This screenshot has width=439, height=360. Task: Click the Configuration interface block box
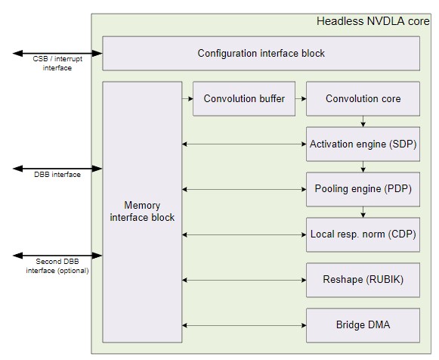pos(261,53)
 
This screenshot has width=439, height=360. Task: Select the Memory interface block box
pos(142,212)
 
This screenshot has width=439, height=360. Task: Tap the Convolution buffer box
pos(244,98)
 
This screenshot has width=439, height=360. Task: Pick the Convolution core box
pos(363,98)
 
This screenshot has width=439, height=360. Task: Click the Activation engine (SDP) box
pos(363,144)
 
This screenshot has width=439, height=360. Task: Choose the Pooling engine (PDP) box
pos(363,189)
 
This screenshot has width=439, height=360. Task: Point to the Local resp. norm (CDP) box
pos(363,234)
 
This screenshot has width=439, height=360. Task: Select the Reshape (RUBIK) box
pos(363,280)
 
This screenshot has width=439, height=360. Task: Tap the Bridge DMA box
pos(363,325)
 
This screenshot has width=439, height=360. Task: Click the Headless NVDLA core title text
pos(373,21)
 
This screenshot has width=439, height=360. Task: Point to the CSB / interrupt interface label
pos(57,64)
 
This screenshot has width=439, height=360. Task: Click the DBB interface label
pos(57,175)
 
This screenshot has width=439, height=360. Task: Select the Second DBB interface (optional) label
pos(57,266)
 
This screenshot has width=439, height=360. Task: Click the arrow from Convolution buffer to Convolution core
pos(301,98)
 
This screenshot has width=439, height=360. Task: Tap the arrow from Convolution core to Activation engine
pos(363,121)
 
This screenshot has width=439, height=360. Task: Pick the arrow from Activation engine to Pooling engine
pos(363,166)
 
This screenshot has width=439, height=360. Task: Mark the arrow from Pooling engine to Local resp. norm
pos(363,212)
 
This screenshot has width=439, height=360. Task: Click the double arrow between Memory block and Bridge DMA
pos(244,325)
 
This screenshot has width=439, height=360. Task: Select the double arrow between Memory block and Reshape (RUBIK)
pos(244,280)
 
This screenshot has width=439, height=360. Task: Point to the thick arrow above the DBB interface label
pos(57,169)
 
